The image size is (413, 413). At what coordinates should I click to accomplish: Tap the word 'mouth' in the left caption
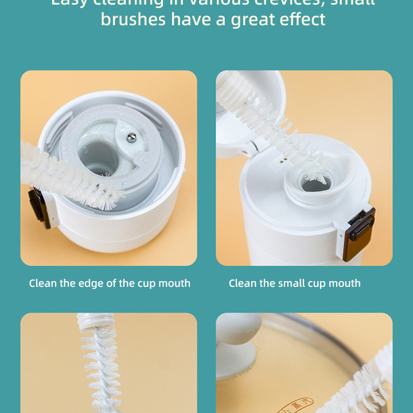pos(174,283)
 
